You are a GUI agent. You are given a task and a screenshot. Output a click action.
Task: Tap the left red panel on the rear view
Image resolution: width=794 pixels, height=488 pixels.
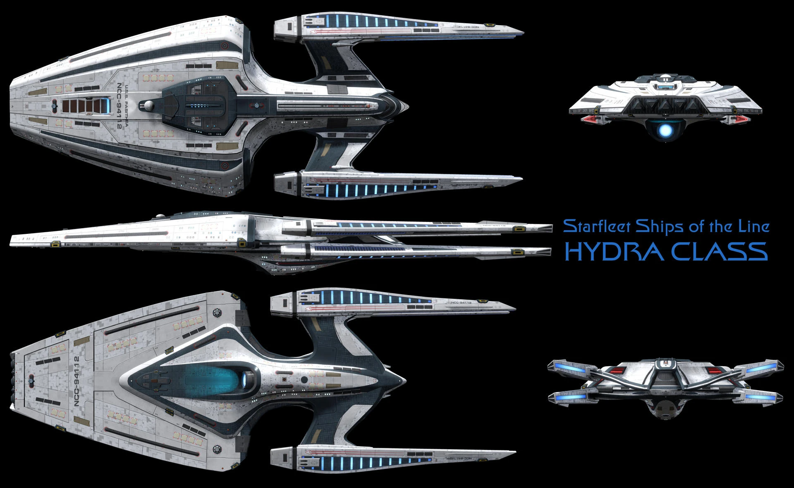click(619, 370)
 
